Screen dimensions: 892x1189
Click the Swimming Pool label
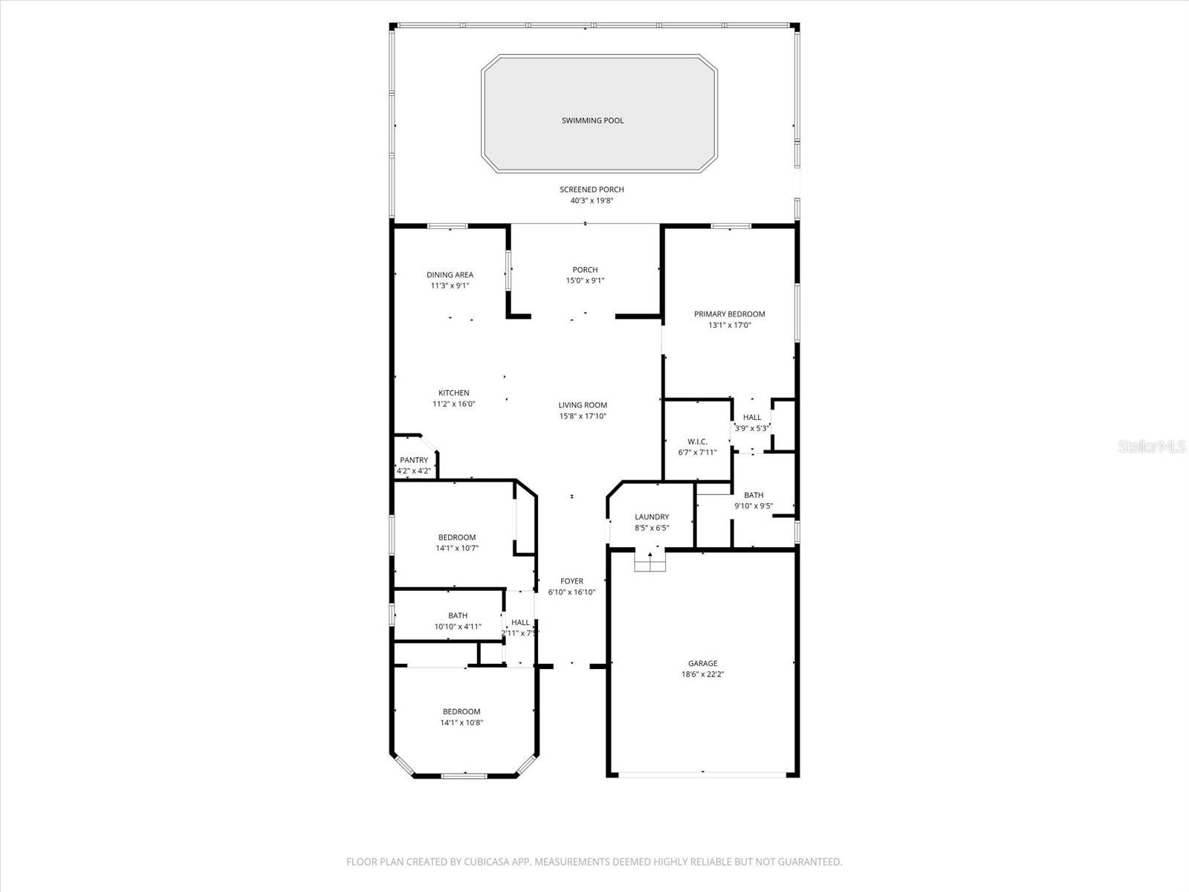(x=592, y=120)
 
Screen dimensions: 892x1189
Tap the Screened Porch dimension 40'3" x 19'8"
(x=592, y=201)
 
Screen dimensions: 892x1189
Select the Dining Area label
(x=450, y=275)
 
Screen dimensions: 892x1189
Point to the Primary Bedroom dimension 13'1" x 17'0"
(x=729, y=325)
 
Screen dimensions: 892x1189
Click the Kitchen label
(x=453, y=393)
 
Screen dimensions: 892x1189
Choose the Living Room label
(x=583, y=405)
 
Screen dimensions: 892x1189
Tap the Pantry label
(x=414, y=460)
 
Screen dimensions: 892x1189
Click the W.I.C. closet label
(x=697, y=442)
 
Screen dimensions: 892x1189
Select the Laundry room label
(x=652, y=517)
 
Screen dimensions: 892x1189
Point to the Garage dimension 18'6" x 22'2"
(x=702, y=674)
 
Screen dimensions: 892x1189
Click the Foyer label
(x=571, y=581)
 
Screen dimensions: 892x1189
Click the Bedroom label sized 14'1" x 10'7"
(x=456, y=537)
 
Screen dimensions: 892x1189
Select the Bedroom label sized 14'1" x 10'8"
(x=461, y=711)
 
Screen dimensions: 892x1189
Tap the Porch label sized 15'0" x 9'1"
(x=585, y=270)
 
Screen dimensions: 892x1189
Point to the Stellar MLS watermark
(x=1152, y=447)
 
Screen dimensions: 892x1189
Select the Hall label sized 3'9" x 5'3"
(x=752, y=418)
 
